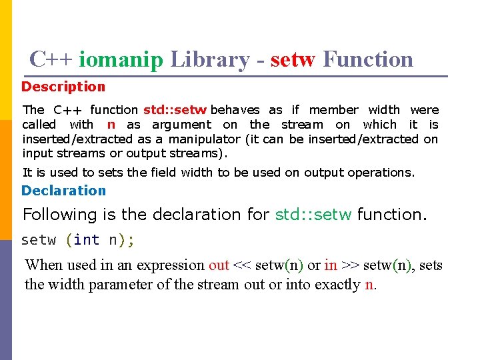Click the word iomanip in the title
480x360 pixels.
click(121, 60)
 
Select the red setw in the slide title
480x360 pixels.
click(293, 60)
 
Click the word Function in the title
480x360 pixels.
click(368, 60)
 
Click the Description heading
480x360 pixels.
click(63, 87)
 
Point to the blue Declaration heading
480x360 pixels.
click(63, 191)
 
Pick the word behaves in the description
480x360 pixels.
click(235, 109)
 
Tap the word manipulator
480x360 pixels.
click(204, 139)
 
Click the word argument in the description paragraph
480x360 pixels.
click(181, 124)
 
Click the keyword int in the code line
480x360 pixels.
click(86, 239)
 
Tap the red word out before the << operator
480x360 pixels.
click(219, 265)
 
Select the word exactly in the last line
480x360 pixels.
click(337, 284)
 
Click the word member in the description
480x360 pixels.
click(334, 109)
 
